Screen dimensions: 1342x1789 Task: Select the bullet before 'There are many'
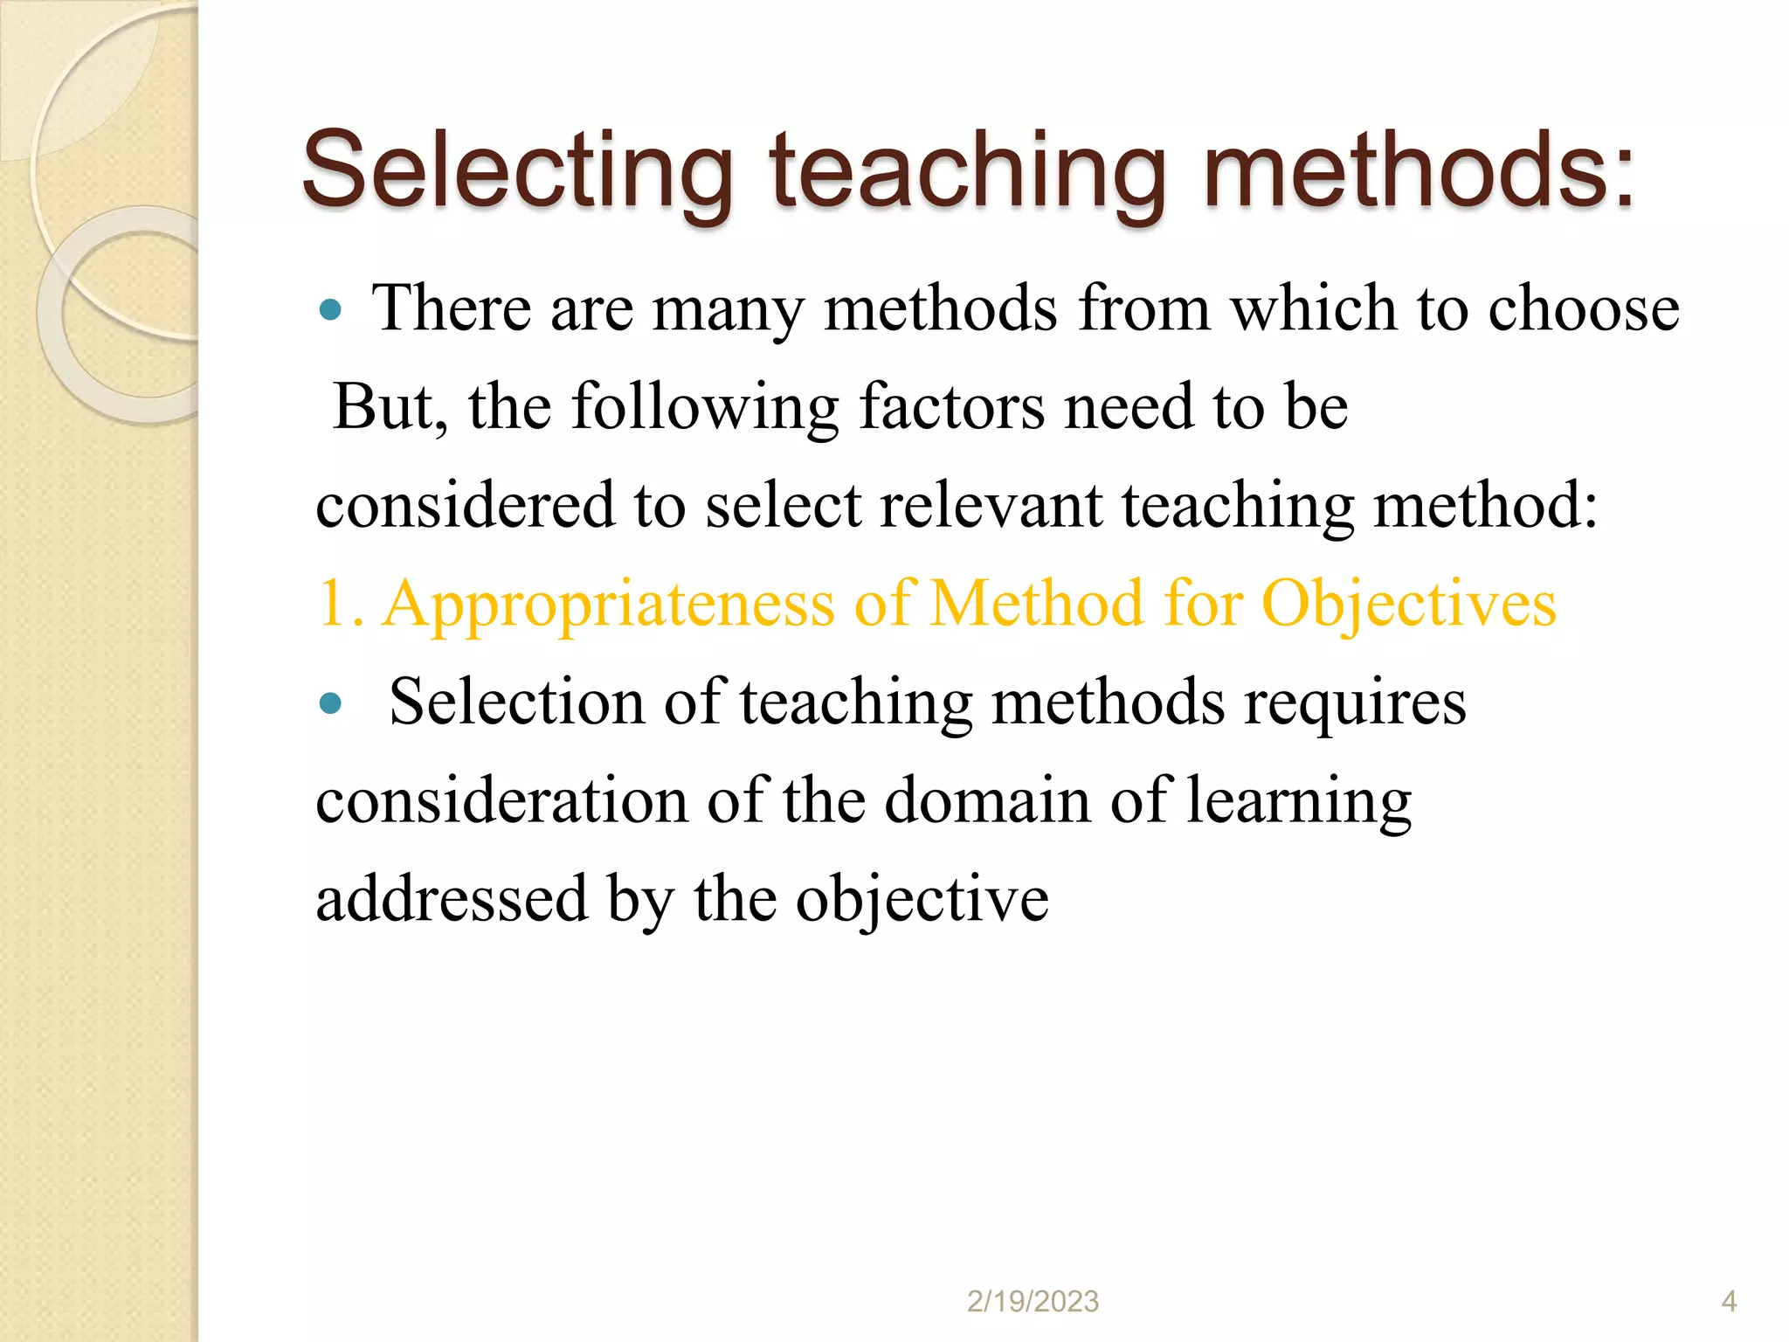[330, 309]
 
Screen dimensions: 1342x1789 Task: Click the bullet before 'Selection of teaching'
[330, 703]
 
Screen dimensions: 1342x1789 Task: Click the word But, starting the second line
[390, 407]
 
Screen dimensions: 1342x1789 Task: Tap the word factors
[951, 407]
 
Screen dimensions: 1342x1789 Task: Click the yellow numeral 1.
[335, 604]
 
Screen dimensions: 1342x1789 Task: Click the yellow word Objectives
[1408, 605]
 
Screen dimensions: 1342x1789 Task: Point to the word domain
[987, 801]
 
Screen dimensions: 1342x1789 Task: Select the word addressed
[452, 900]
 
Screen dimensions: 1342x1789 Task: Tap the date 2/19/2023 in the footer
[1033, 1302]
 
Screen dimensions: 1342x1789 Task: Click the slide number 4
[1729, 1302]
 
